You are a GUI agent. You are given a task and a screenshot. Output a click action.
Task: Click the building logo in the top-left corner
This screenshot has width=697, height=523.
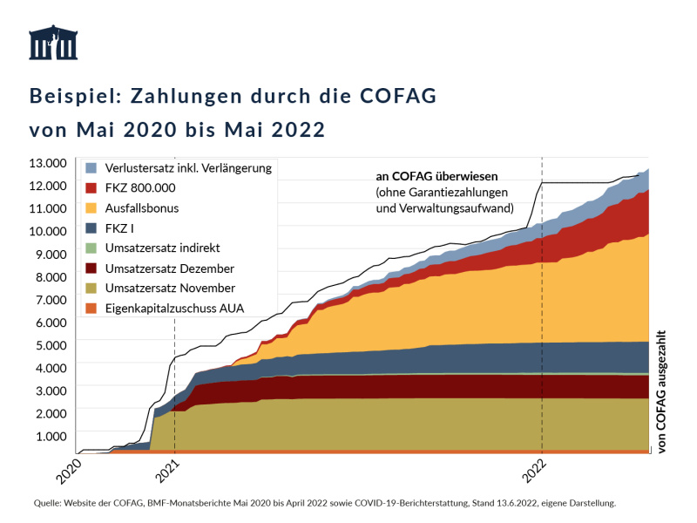(x=53, y=43)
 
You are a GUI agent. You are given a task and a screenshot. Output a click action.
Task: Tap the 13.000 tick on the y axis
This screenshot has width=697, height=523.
(x=49, y=163)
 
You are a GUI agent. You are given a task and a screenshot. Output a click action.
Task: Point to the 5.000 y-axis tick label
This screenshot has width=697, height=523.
(x=51, y=345)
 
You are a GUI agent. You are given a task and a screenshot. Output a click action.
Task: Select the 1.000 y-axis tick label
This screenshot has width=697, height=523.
(x=51, y=436)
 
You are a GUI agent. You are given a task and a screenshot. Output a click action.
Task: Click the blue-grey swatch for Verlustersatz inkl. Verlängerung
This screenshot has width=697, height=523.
(x=90, y=167)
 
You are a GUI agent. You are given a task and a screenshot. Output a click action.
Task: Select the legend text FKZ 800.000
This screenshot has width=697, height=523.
(x=139, y=187)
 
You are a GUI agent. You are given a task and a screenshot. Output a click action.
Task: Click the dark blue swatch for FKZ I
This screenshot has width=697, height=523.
(x=90, y=228)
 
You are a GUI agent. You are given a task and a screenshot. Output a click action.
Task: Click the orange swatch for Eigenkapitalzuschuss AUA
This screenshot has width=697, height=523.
(x=90, y=308)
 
